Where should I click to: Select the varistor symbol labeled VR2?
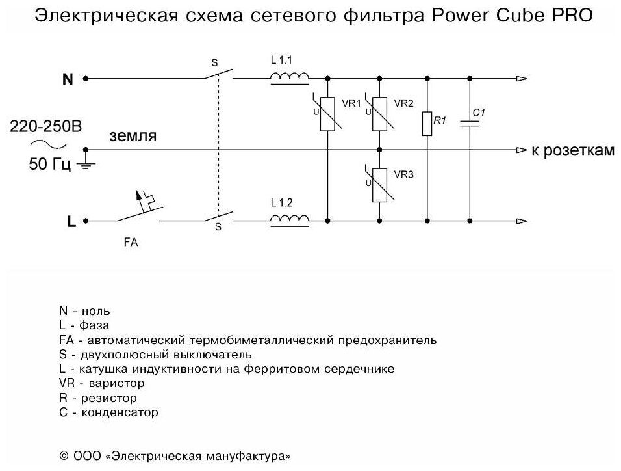point(379,114)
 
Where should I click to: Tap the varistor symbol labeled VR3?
point(379,185)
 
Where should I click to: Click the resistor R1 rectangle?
point(427,124)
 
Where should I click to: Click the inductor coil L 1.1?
point(290,78)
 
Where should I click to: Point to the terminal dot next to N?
point(86,79)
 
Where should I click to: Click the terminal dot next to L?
point(86,221)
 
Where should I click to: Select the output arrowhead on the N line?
point(522,79)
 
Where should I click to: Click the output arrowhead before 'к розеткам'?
point(522,150)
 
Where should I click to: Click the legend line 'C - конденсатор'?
point(108,412)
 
